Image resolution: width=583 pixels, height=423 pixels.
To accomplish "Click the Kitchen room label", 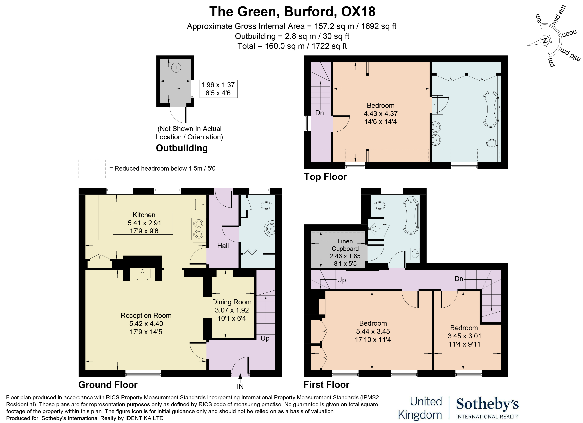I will [144, 215].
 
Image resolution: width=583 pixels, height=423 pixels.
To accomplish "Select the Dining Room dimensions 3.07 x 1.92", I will [232, 310].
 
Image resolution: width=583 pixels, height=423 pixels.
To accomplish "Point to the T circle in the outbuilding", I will [176, 68].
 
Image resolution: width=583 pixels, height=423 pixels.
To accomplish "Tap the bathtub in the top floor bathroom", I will [491, 109].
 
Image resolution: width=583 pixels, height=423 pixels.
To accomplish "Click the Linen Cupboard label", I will [345, 245].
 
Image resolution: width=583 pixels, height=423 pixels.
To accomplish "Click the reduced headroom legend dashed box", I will [92, 169].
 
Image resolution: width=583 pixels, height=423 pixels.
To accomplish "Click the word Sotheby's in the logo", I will [487, 404].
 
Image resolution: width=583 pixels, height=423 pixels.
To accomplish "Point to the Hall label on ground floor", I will [223, 246].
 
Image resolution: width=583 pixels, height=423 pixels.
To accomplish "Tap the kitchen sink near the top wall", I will [200, 204].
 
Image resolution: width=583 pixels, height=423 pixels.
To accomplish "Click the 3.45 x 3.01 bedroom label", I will [464, 336].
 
